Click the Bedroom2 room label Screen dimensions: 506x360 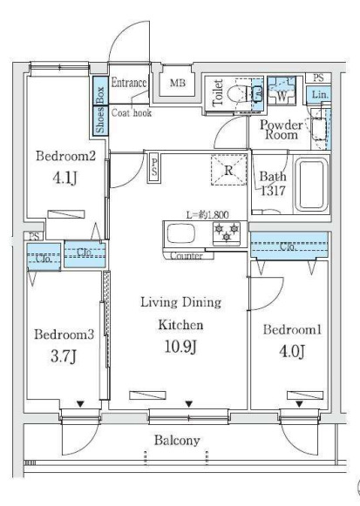coord(64,157)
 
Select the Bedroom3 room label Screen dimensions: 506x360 coord(63,334)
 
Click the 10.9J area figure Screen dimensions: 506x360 coord(179,347)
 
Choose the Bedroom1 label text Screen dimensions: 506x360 coord(293,330)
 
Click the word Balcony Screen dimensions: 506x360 coord(180,441)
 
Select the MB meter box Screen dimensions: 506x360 coord(177,84)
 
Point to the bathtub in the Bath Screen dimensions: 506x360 coord(310,184)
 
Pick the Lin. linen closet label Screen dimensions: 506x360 coord(320,94)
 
